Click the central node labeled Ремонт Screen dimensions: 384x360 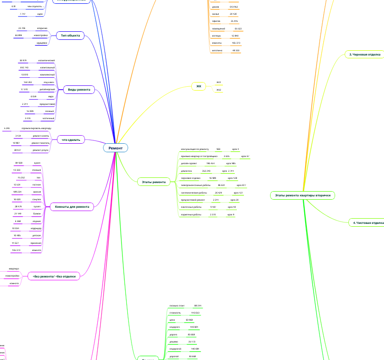(x=116, y=148)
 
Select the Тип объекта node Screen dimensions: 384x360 (x=70, y=36)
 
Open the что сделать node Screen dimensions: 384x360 (x=71, y=139)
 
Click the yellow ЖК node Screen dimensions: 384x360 (x=199, y=86)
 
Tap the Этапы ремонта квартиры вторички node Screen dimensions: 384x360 (x=302, y=195)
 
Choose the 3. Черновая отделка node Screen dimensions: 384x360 (x=365, y=55)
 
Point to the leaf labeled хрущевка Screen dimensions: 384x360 (x=42, y=43)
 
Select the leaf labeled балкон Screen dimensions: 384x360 (x=37, y=214)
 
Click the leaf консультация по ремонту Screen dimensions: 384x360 (x=195, y=149)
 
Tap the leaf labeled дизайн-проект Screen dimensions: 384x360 (x=188, y=163)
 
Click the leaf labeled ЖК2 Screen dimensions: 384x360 (x=219, y=90)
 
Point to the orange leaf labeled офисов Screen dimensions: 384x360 (x=216, y=21)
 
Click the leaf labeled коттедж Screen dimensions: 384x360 (x=216, y=36)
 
